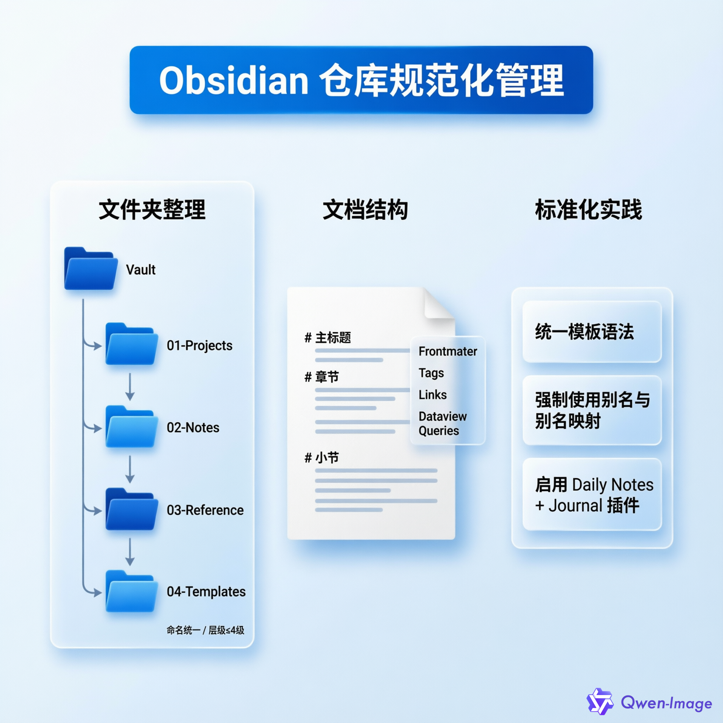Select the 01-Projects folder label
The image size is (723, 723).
click(x=199, y=345)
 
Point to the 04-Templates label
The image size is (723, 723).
click(x=206, y=591)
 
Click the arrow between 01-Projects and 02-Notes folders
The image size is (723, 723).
click(x=130, y=387)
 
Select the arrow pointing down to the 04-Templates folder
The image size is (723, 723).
click(x=130, y=551)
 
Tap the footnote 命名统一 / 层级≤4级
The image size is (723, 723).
click(x=205, y=630)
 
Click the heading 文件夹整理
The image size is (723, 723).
click(x=152, y=210)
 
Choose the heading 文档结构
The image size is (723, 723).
click(x=365, y=210)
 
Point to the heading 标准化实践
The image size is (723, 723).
click(x=588, y=210)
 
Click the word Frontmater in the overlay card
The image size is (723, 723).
click(x=448, y=351)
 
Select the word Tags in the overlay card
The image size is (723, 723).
click(x=431, y=373)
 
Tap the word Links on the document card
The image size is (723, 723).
click(x=432, y=394)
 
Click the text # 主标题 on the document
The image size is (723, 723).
click(x=328, y=337)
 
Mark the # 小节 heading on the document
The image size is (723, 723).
click(x=322, y=457)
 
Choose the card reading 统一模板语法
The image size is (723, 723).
click(x=592, y=331)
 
